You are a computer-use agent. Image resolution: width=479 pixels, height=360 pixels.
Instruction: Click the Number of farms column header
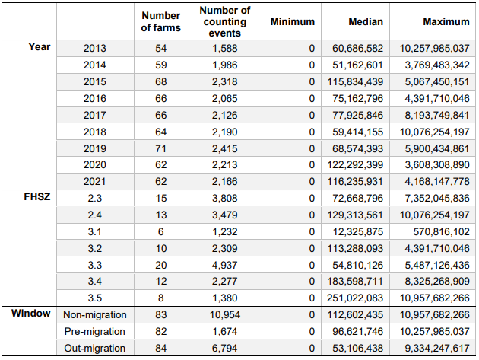coord(161,22)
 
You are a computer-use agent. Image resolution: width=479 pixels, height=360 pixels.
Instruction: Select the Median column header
coord(366,22)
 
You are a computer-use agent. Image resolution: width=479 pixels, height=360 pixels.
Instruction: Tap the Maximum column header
coord(446,22)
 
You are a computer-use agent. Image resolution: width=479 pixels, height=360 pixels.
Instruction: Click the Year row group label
coord(40,46)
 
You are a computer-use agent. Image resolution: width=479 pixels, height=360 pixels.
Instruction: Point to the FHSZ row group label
coord(37,196)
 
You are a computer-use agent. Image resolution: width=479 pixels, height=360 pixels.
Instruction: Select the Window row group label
coord(31,314)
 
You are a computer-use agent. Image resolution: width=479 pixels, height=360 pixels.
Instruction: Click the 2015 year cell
coord(95,82)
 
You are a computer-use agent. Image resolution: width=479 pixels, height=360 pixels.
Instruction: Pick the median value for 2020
coord(355,165)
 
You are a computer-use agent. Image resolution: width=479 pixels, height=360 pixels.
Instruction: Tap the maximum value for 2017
coord(437,116)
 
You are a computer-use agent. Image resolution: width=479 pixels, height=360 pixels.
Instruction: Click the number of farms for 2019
coord(161,148)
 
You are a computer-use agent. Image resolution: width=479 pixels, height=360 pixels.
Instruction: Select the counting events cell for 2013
coord(225,48)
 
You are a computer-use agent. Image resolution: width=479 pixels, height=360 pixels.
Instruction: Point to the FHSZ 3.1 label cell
coord(95,232)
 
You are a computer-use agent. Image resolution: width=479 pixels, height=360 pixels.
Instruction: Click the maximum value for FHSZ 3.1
coord(441,232)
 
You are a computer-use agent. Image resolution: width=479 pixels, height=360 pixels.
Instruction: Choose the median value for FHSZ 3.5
coord(355,298)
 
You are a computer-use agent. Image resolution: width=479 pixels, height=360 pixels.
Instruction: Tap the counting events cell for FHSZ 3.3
coord(225,265)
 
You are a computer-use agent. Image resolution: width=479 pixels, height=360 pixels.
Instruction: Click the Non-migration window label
coord(95,315)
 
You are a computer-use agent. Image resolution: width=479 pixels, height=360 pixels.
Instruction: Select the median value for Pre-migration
coord(357,332)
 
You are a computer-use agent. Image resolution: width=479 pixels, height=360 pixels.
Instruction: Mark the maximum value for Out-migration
coord(437,348)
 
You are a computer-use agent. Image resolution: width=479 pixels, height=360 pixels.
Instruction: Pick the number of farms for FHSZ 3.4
coord(161,281)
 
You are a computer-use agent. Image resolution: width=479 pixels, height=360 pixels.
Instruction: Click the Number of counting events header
coord(225,22)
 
